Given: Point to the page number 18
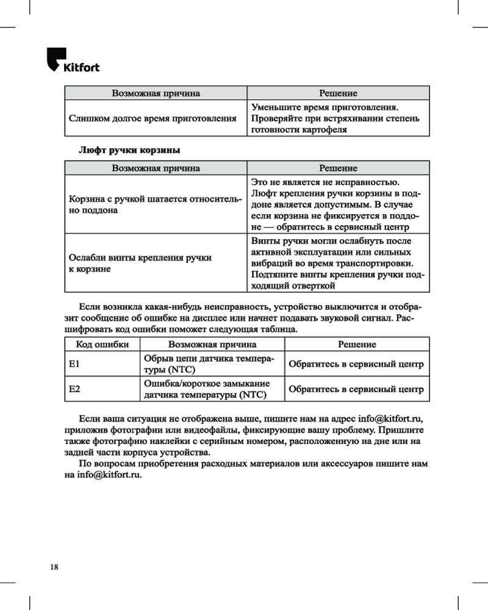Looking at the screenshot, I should pos(54,567).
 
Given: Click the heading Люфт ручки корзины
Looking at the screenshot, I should pos(129,149).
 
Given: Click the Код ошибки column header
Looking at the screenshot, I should pos(101,345).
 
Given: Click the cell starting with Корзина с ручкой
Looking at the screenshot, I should pos(156,204).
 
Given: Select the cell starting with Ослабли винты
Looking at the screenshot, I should pos(156,263).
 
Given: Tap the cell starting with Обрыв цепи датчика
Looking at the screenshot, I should pos(208,365).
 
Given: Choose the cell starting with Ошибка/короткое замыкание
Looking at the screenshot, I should pos(208,389).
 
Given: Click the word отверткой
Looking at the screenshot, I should pos(309,285).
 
